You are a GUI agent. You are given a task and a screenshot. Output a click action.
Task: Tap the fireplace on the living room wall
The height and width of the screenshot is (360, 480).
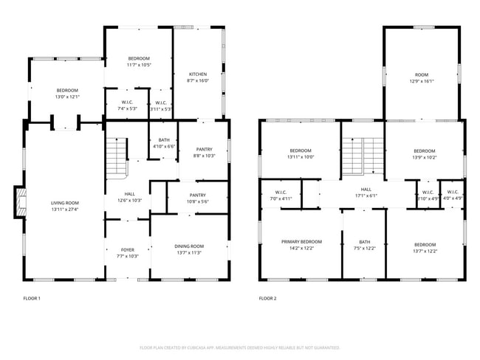pyautogui.click(x=18, y=203)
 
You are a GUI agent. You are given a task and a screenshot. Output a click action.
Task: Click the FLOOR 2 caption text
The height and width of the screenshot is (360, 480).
pyautogui.click(x=267, y=299)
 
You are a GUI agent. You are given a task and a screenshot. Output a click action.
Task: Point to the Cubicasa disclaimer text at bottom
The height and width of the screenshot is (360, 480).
pyautogui.click(x=240, y=347)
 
